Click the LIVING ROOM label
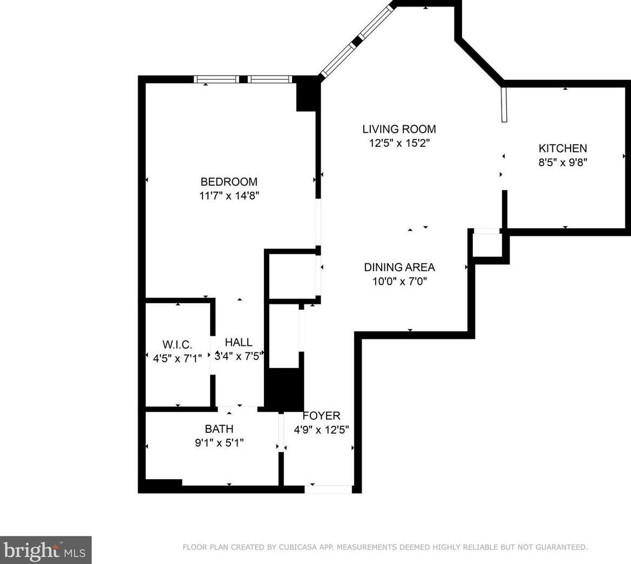coord(399,129)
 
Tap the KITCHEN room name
coord(562,148)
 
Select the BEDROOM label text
coord(229,182)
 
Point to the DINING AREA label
coord(399,267)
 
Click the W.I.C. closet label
coord(177,344)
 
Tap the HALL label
coord(238,342)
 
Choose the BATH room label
coord(219,429)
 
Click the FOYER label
coord(321,416)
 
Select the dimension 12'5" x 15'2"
coord(399,144)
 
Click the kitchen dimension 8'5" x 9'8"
coord(562,162)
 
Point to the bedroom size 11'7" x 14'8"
coord(229,196)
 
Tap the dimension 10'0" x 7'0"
coord(399,281)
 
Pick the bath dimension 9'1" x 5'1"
coord(219,443)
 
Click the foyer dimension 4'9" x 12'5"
coord(321,430)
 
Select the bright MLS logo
coord(45,550)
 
